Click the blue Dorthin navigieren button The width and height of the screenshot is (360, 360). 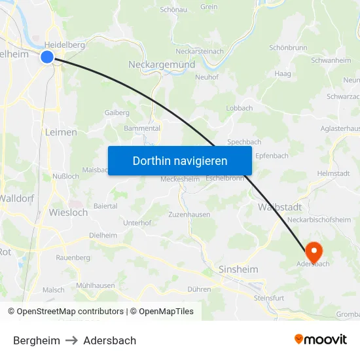pyautogui.click(x=179, y=160)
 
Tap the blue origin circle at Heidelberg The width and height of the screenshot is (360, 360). pyautogui.click(x=47, y=57)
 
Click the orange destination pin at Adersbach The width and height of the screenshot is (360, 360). pyautogui.click(x=314, y=251)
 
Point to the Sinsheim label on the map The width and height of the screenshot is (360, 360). pyautogui.click(x=238, y=269)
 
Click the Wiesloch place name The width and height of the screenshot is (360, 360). pyautogui.click(x=68, y=212)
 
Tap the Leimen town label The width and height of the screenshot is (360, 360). pyautogui.click(x=61, y=132)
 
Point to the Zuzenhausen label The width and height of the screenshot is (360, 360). pyautogui.click(x=189, y=214)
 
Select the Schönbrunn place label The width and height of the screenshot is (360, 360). pyautogui.click(x=288, y=48)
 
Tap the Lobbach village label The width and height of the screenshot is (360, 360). pyautogui.click(x=239, y=108)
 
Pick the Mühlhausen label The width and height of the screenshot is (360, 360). pyautogui.click(x=95, y=285)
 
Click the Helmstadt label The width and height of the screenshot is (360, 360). pyautogui.click(x=333, y=173)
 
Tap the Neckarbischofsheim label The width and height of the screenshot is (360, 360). pyautogui.click(x=319, y=220)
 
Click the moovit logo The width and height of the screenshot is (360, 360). pyautogui.click(x=321, y=340)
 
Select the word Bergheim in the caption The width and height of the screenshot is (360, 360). pyautogui.click(x=37, y=340)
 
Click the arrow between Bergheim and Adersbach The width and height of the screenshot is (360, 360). pyautogui.click(x=71, y=340)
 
